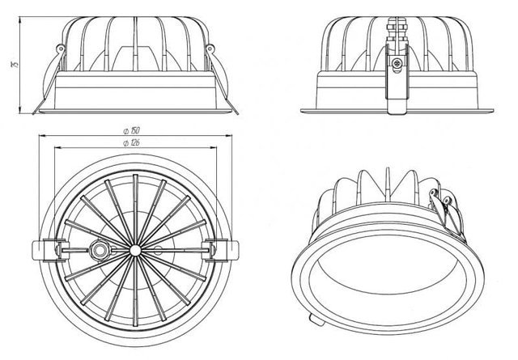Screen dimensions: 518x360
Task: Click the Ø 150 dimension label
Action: pyautogui.click(x=131, y=130)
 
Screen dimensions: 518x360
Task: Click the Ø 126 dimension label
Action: pyautogui.click(x=131, y=142)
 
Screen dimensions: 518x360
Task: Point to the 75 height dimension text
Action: pyautogui.click(x=15, y=65)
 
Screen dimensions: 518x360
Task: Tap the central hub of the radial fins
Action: pyautogui.click(x=135, y=250)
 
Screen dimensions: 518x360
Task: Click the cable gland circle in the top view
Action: pyautogui.click(x=100, y=250)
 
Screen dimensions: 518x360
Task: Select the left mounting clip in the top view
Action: pyautogui.click(x=45, y=250)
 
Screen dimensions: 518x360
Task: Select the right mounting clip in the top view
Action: pyautogui.click(x=224, y=250)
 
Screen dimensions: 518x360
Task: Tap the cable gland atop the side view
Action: pyautogui.click(x=397, y=30)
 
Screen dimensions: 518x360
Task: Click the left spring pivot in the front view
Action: pyautogui.click(x=61, y=49)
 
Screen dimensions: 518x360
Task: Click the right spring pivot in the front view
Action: pyautogui.click(x=210, y=49)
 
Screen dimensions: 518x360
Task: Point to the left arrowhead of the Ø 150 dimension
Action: pyautogui.click(x=41, y=135)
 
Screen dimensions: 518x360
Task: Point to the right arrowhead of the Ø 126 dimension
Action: pyautogui.click(x=214, y=147)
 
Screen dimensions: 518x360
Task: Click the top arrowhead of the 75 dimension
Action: pyautogui.click(x=19, y=19)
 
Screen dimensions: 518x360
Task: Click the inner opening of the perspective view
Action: pyautogui.click(x=387, y=265)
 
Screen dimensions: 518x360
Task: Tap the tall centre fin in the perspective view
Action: pyautogui.click(x=388, y=185)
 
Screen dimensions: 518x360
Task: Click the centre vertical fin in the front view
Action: pyautogui.click(x=135, y=44)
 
